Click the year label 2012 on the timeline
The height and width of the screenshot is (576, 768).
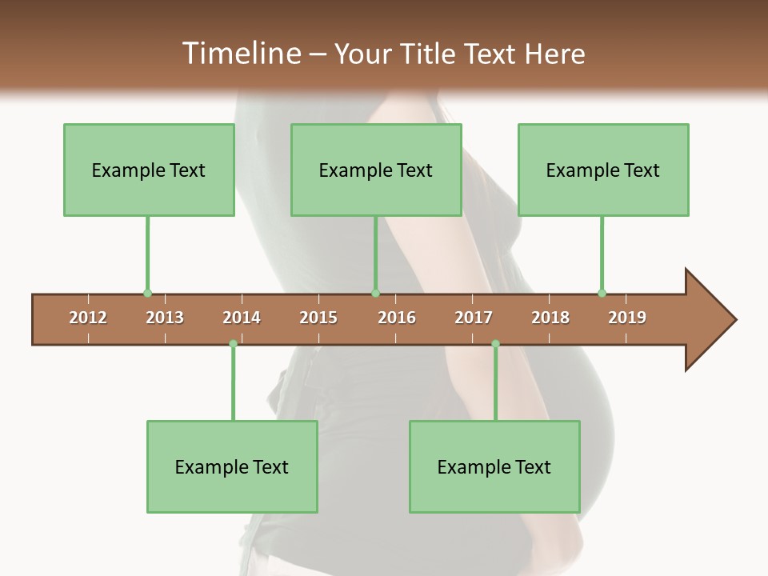tap(88, 318)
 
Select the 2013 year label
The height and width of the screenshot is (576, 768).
tap(165, 318)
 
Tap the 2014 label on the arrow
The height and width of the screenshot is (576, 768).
tap(242, 318)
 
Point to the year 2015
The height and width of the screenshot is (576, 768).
tap(318, 318)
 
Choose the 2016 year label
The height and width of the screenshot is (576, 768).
tap(397, 318)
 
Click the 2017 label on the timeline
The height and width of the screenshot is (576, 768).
tap(474, 318)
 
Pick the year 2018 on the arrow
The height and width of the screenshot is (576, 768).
tap(550, 318)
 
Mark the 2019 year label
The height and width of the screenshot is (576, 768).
tap(627, 318)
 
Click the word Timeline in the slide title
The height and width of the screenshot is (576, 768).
tap(241, 54)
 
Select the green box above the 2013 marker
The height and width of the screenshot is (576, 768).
tap(149, 170)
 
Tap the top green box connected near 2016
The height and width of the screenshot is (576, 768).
tap(376, 170)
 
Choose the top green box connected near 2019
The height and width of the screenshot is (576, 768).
tap(603, 170)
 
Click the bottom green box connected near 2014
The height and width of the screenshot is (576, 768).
tap(232, 466)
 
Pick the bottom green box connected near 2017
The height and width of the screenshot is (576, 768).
tap(494, 466)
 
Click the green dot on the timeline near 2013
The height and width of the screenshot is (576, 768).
tap(147, 294)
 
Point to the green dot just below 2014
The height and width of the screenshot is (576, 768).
tap(233, 344)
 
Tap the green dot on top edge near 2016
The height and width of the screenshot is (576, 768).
tap(375, 294)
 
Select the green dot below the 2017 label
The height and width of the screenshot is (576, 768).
tap(495, 344)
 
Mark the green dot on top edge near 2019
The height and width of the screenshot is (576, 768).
tap(602, 294)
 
